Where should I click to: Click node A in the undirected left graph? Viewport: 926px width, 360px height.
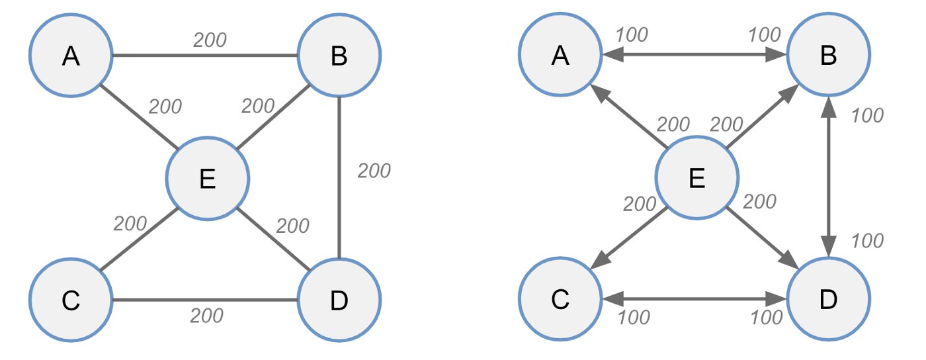tap(71, 56)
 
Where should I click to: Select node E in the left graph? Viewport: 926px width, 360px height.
tap(208, 178)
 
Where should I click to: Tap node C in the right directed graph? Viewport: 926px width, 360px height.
tap(560, 298)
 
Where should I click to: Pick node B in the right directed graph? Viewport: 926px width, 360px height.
tap(828, 55)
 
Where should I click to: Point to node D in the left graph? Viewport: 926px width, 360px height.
tap(339, 300)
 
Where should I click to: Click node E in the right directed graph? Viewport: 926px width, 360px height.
tap(697, 177)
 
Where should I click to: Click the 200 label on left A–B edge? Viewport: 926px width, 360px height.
tap(210, 40)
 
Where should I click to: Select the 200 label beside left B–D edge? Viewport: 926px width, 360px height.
tap(374, 171)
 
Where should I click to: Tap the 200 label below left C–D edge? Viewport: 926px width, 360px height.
tap(206, 316)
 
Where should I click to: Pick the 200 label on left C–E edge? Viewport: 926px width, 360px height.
tap(130, 224)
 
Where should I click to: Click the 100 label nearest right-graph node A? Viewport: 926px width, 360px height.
tap(632, 35)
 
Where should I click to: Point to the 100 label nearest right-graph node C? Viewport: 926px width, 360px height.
tap(634, 318)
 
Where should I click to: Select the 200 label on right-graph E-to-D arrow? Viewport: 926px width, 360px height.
tap(760, 202)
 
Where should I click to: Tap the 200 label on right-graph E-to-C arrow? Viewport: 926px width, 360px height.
tap(640, 204)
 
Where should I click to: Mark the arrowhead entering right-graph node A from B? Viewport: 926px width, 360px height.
tap(612, 55)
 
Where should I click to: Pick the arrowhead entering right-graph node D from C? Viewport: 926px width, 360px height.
tap(776, 298)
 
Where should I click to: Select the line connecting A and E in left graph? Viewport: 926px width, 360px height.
tap(139, 116)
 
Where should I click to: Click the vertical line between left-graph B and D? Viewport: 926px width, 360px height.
tap(339, 177)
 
